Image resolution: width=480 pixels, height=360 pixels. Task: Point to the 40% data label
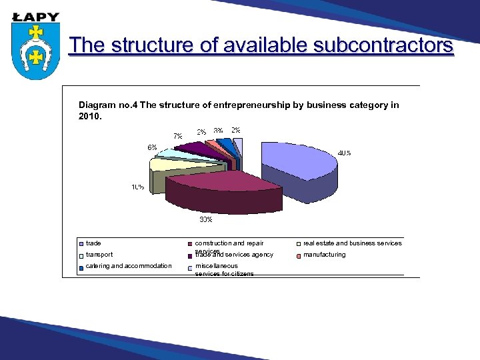point(344,153)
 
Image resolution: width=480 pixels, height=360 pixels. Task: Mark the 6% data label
point(153,147)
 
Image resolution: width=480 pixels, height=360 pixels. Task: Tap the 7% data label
point(178,136)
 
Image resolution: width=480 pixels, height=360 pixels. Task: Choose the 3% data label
point(218,130)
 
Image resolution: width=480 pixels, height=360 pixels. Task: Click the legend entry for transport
point(99,255)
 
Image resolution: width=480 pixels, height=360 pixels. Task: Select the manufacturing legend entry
point(324,255)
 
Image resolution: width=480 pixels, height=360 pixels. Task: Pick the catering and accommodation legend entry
point(129,266)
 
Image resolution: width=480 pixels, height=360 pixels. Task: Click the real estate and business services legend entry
point(352,243)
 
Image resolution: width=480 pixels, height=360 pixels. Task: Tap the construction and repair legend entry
point(229,244)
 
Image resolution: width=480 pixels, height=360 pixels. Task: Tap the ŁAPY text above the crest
point(36,17)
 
